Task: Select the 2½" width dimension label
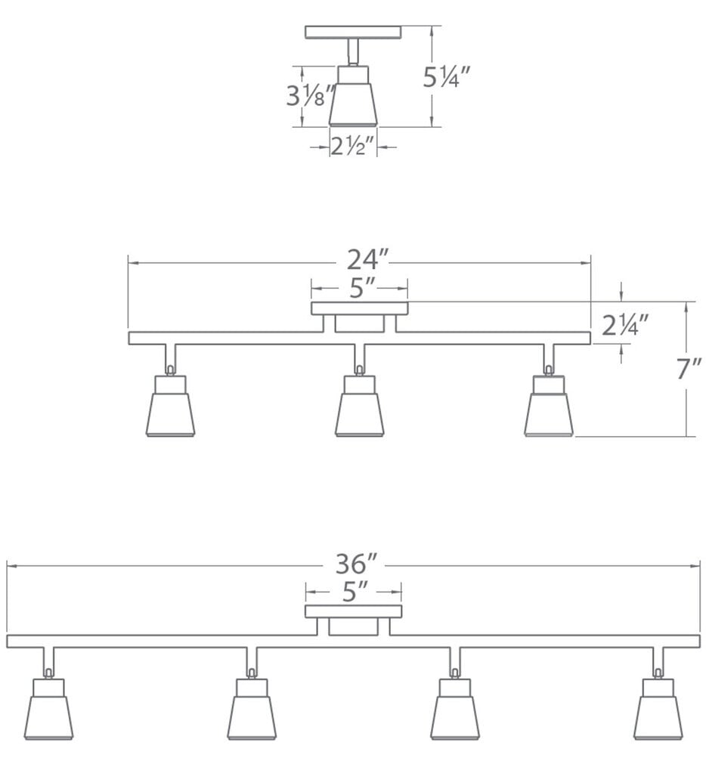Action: [x=353, y=147]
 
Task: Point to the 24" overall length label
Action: [x=367, y=260]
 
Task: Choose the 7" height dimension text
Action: [x=689, y=370]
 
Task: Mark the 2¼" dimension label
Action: [x=626, y=325]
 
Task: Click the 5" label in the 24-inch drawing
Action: [x=360, y=288]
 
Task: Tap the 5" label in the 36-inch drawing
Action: [x=354, y=592]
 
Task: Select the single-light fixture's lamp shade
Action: [x=353, y=104]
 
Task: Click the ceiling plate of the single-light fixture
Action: [x=353, y=32]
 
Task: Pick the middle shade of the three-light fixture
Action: [x=360, y=414]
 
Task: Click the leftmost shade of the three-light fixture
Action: [x=170, y=414]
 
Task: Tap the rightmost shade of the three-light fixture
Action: [x=549, y=414]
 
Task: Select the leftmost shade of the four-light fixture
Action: [x=48, y=716]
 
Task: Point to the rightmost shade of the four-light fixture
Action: [x=658, y=716]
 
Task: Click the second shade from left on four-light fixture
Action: [x=252, y=716]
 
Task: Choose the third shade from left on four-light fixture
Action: [x=455, y=716]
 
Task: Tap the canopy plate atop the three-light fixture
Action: [x=360, y=308]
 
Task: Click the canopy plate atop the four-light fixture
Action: [x=354, y=611]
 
